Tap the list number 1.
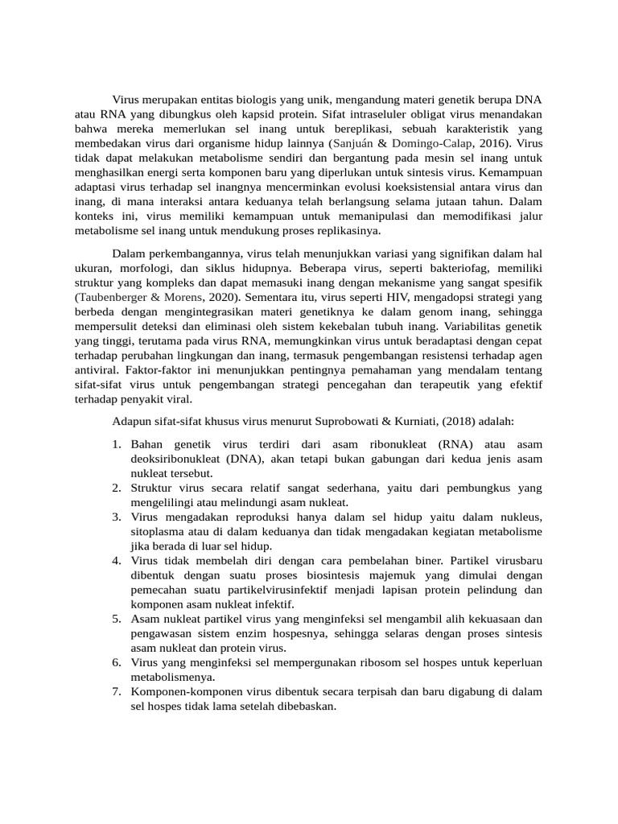117,444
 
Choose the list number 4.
117,559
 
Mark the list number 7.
117,691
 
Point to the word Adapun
132,421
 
